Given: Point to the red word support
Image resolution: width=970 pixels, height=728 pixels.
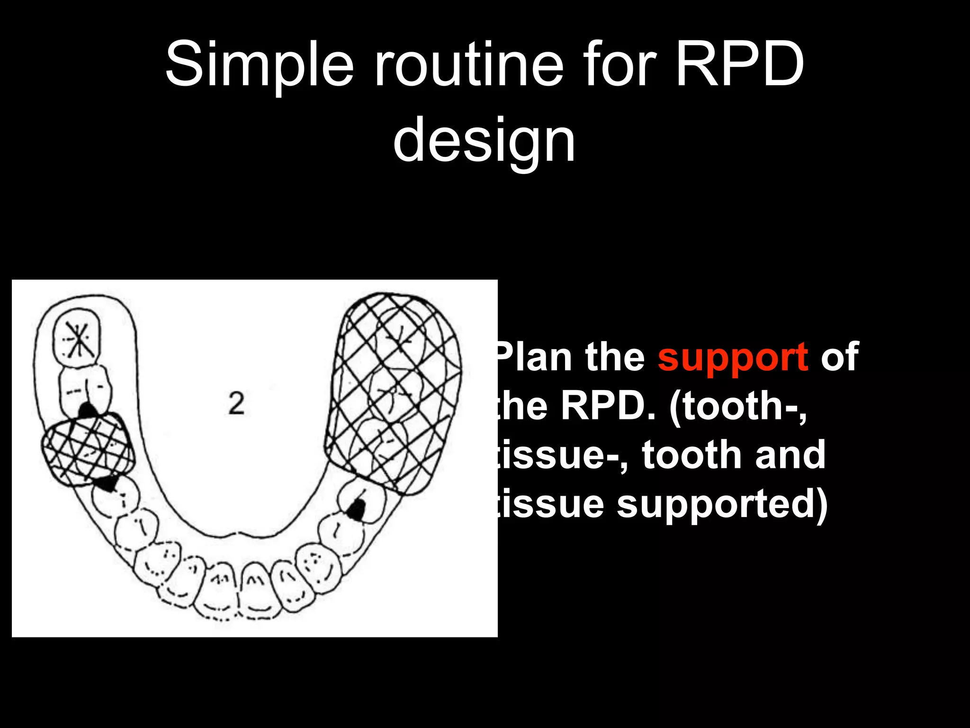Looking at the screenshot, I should point(733,357).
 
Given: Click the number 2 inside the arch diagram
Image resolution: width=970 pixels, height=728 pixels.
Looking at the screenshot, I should point(236,404).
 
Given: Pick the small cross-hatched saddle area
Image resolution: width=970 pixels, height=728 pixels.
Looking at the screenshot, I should point(88,448).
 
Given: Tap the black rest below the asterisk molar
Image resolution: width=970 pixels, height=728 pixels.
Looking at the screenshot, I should point(87,409).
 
